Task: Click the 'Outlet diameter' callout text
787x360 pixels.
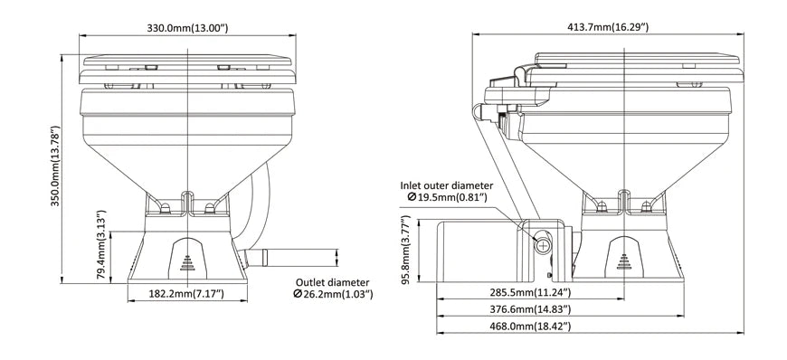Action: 333,281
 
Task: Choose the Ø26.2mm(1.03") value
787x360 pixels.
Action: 333,295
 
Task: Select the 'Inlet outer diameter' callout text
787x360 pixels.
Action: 453,184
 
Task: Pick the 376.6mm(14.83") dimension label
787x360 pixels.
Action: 530,309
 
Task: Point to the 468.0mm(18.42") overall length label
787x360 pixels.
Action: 530,326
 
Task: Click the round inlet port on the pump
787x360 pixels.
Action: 543,245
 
